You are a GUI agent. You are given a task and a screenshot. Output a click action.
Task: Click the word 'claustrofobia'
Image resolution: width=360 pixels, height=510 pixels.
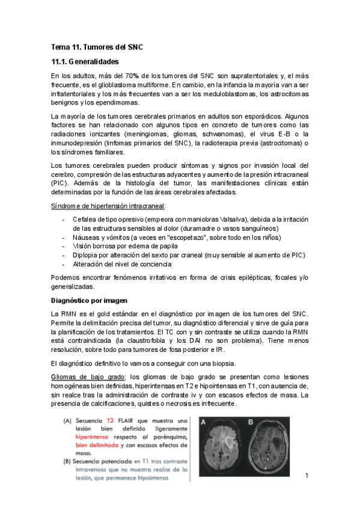tap(145, 342)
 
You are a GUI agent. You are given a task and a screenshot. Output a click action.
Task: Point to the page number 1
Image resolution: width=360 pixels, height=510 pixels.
tap(307, 476)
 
